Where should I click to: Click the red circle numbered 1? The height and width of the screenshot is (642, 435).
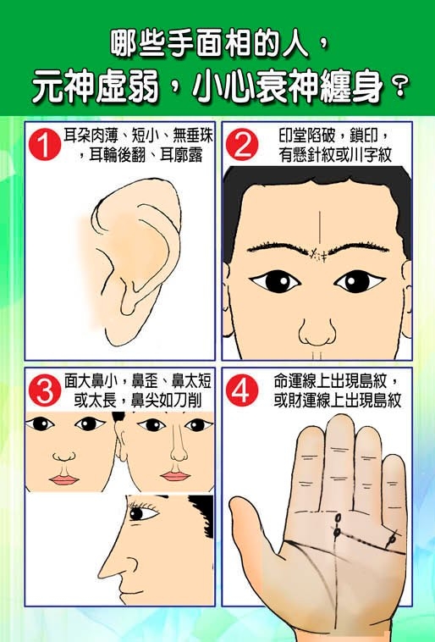[45, 144]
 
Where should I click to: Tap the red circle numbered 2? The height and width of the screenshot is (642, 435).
[242, 144]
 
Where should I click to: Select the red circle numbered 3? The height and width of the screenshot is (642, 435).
[45, 390]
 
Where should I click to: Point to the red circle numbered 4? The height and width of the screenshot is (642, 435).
[242, 390]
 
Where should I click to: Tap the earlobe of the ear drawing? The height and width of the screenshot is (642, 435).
[118, 328]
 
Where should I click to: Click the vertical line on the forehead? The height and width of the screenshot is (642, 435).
[319, 230]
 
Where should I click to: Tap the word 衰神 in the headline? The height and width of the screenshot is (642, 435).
[287, 87]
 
